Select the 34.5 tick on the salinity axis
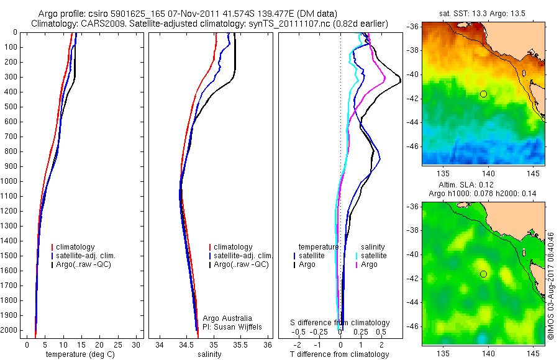point(186,344)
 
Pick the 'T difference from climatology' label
point(339,354)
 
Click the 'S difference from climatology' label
point(340,323)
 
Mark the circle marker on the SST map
point(483,94)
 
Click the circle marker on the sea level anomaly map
point(483,274)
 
